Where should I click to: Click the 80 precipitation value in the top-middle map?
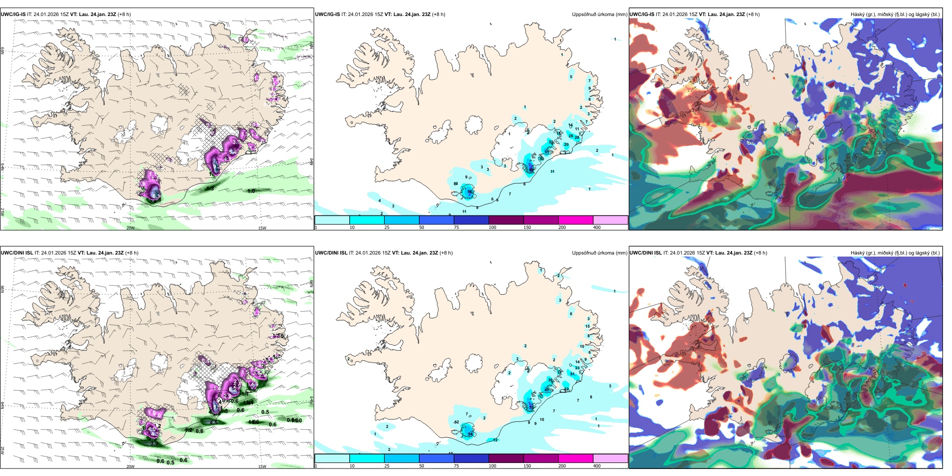pos(531,170)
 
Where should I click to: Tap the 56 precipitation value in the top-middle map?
pos(469,191)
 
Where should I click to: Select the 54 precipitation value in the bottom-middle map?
pos(470,434)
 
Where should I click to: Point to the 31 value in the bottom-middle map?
pos(572,374)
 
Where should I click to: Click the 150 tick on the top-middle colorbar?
pos(527,227)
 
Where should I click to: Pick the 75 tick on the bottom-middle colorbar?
pos(456,466)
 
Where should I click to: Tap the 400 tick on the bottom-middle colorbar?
pos(597,466)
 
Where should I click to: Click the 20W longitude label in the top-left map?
pos(130,228)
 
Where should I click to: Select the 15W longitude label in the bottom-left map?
pos(262,466)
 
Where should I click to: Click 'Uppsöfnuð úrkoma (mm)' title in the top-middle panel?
pos(599,15)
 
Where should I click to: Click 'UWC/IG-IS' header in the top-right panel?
pos(642,15)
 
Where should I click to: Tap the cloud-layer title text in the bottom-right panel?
pos(895,253)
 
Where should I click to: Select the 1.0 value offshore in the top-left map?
pos(251,191)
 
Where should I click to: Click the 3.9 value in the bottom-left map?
pos(154,443)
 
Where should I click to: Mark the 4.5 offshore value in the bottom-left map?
pos(213,422)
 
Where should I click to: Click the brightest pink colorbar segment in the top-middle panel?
pos(576,220)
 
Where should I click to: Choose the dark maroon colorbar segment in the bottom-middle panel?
pos(506,458)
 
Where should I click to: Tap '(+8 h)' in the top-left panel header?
pos(124,15)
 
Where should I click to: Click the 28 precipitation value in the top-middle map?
pos(577,137)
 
